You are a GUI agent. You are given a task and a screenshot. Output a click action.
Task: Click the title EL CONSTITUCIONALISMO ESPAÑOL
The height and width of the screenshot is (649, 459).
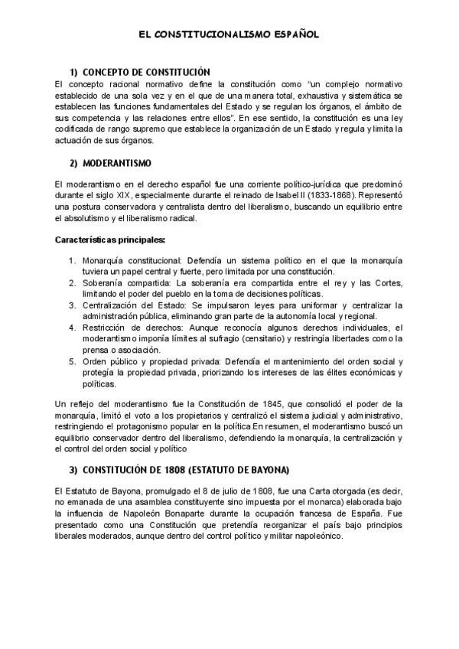[229, 35]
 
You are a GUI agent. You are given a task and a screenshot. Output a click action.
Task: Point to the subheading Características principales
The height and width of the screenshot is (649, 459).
[110, 240]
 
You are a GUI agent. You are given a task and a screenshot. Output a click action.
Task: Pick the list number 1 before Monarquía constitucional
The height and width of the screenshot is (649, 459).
[72, 260]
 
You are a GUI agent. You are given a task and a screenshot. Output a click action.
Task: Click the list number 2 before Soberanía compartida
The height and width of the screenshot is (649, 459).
[72, 282]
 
